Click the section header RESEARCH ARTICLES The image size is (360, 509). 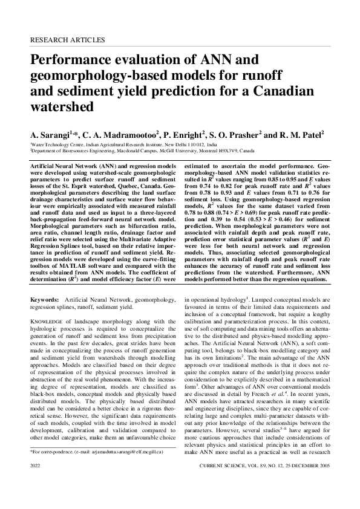coord(67,40)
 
